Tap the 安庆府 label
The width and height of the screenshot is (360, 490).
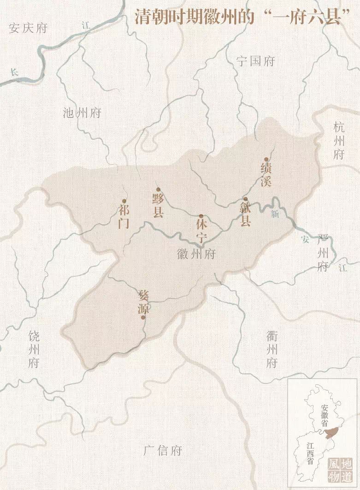click(x=28, y=28)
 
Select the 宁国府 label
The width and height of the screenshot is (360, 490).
click(x=255, y=61)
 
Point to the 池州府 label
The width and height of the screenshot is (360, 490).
click(x=82, y=113)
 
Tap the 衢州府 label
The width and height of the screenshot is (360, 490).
click(x=272, y=349)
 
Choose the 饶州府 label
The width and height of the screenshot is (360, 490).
click(x=34, y=349)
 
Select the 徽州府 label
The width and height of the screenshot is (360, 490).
click(x=196, y=254)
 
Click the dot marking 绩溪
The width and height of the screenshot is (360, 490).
click(x=266, y=159)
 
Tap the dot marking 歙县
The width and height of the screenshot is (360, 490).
click(x=245, y=199)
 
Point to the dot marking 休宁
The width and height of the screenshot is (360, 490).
click(x=201, y=216)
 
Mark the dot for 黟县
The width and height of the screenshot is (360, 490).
click(x=158, y=189)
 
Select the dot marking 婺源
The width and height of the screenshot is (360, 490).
click(x=143, y=317)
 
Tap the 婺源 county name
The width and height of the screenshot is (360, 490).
click(x=143, y=301)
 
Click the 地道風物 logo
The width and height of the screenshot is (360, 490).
click(x=340, y=470)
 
